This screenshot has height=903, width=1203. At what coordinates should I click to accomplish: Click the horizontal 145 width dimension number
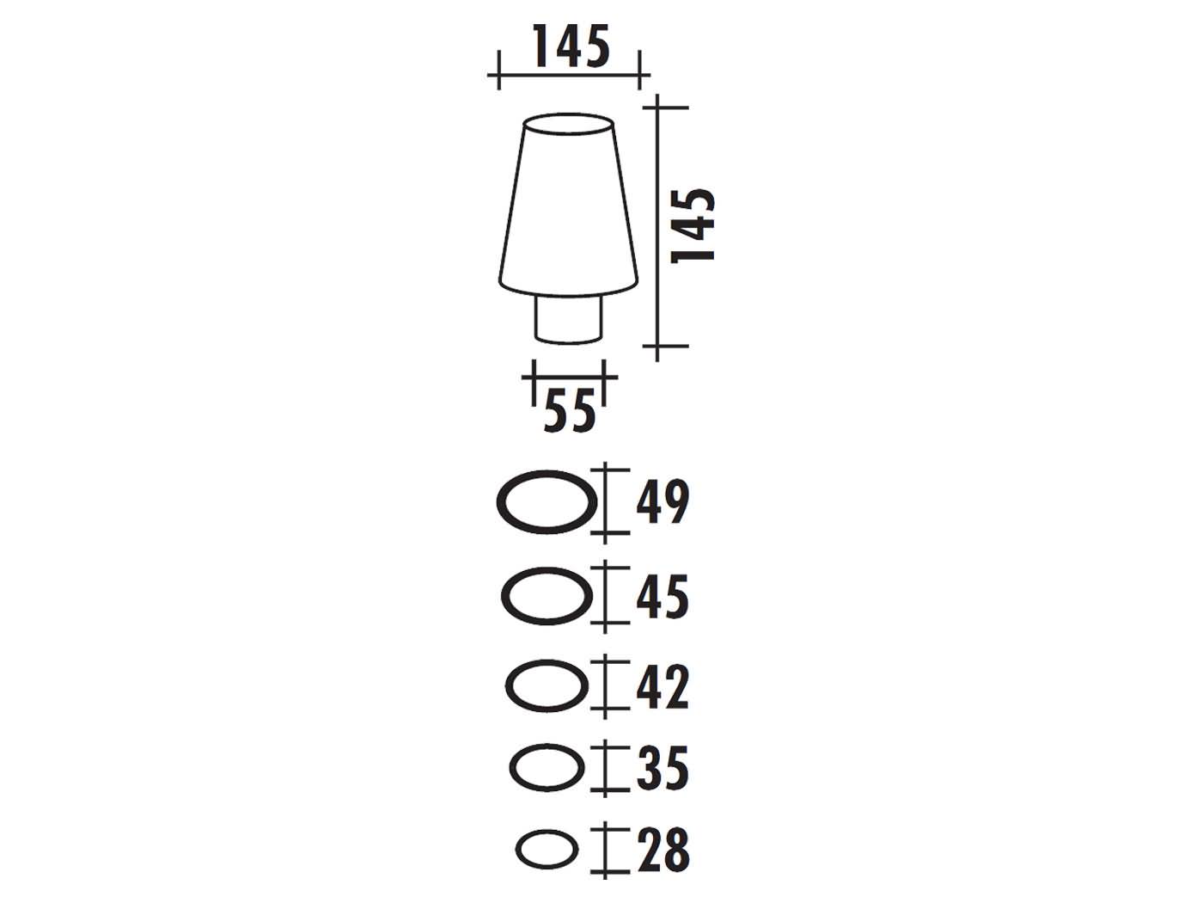(571, 46)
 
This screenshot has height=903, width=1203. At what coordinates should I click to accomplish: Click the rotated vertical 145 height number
(693, 225)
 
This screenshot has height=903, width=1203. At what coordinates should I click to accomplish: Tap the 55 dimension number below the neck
(570, 411)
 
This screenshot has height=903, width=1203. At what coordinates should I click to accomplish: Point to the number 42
(663, 686)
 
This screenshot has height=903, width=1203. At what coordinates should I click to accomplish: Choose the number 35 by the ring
(663, 767)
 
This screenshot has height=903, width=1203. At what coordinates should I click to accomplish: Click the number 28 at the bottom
(663, 849)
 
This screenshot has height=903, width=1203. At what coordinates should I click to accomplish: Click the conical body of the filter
(568, 215)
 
